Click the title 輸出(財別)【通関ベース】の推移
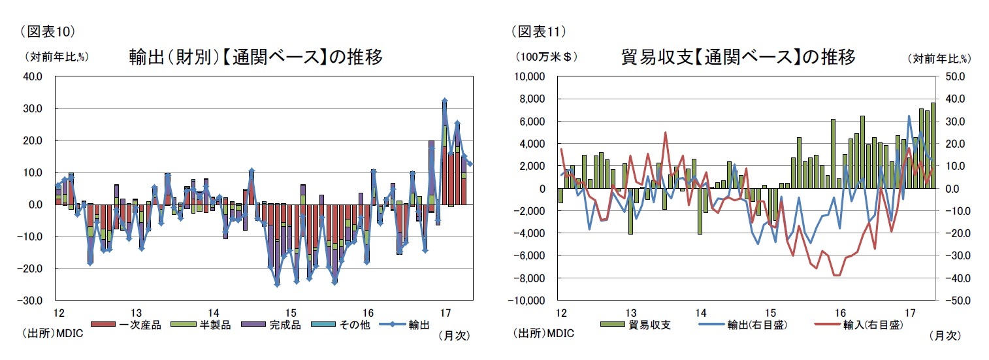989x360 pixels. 255,57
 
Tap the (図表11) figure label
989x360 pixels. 537,30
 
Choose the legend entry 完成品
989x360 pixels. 278,325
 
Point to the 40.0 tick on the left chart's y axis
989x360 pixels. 32,76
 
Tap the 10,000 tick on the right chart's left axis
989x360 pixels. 530,76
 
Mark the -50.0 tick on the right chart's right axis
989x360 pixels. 958,301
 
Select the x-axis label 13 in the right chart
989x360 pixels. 630,312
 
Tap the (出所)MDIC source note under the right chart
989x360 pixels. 543,334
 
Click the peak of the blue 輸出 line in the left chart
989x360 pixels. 444,101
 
